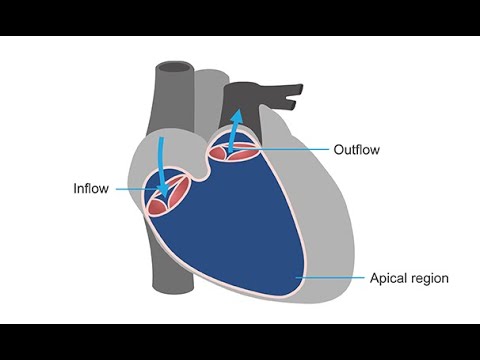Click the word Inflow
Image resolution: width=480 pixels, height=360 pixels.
coord(93,187)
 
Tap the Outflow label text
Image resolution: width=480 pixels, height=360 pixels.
coord(357,150)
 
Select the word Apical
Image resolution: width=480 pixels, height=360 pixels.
coord(388,277)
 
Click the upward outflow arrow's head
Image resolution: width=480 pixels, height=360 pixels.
coord(237,116)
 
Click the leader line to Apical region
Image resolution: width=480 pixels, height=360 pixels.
coord(330,277)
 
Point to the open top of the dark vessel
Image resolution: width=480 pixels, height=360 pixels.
coord(173,71)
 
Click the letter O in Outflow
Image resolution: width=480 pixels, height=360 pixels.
coord(338,150)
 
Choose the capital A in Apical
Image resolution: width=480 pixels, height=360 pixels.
coord(374,277)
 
